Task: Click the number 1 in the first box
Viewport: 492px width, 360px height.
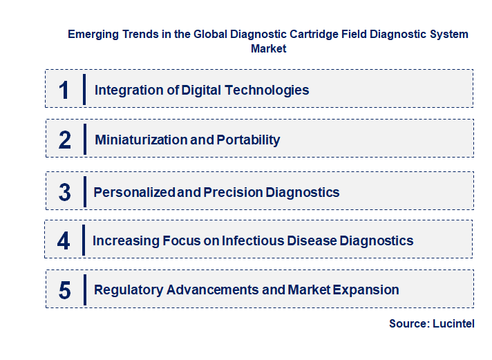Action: (x=64, y=90)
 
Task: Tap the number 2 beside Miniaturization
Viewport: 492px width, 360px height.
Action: (x=65, y=140)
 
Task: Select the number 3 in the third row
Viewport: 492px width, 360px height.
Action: (x=65, y=192)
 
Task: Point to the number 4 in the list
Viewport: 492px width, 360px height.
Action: (x=64, y=240)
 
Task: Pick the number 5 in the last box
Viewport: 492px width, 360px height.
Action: (x=65, y=290)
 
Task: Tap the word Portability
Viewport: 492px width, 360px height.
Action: (x=248, y=140)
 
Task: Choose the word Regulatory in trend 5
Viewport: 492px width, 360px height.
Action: (x=126, y=290)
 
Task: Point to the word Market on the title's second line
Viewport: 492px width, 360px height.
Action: (x=268, y=48)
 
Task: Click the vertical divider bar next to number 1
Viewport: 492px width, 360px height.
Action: (x=84, y=90)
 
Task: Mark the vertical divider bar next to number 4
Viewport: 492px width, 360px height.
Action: (x=84, y=240)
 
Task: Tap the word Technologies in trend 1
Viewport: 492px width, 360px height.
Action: (x=272, y=90)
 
